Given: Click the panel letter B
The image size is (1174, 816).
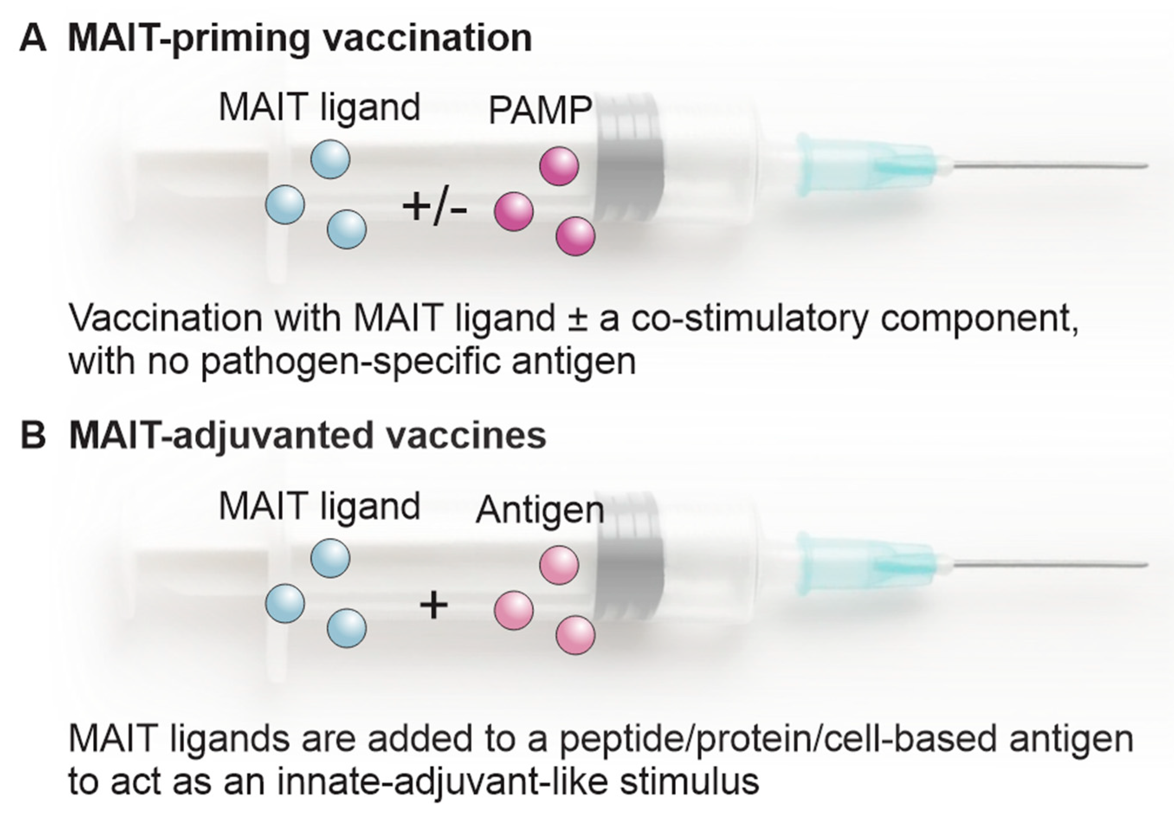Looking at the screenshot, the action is pos(33,436).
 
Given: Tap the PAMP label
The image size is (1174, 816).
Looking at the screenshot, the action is pos(540,110).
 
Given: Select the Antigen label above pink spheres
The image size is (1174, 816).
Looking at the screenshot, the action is pos(540,510).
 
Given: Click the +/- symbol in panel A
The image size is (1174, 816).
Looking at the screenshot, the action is pos(435,209).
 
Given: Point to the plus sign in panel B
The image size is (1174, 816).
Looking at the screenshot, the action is pos(434,606).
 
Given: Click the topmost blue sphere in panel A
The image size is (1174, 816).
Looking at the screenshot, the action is pos(330,159).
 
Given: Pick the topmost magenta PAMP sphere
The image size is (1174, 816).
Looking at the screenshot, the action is pos(559,166).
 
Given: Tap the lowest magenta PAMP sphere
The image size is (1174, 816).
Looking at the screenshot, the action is pos(575,236).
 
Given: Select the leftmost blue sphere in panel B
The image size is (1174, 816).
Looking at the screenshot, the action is pos(285,603).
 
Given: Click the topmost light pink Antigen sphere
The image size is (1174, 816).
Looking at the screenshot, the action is pos(559,565).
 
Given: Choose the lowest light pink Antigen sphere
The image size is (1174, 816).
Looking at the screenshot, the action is pos(575,635).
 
